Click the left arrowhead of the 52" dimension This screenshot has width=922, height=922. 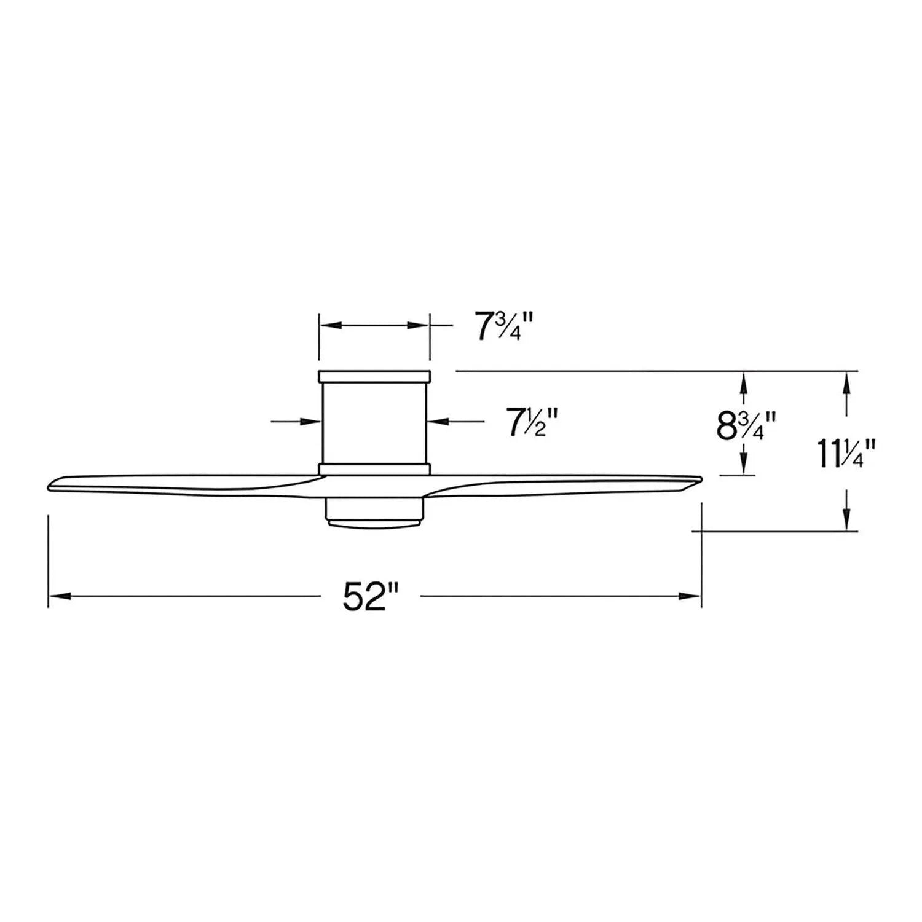(x=58, y=596)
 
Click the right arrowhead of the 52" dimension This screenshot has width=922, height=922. (x=691, y=596)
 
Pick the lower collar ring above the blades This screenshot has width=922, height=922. (x=374, y=469)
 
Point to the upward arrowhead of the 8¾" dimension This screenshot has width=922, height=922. (x=744, y=382)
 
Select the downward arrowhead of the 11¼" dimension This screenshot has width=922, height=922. (x=848, y=520)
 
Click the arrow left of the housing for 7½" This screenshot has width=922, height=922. (x=310, y=421)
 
